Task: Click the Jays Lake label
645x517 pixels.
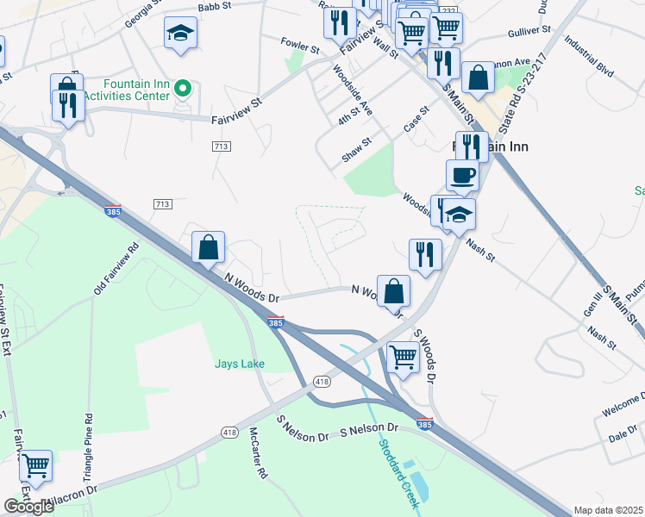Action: pos(240,364)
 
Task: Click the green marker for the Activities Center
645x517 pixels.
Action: pos(182,88)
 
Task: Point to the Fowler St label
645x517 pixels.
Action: pos(301,41)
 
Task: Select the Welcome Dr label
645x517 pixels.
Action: pos(622,404)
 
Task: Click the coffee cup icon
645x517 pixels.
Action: pos(462,175)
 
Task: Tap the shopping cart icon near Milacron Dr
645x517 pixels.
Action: pos(35,466)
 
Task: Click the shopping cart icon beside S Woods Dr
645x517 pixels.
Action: pos(404,355)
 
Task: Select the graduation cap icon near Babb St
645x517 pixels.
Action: pos(180,34)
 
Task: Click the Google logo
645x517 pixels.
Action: pos(28,507)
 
